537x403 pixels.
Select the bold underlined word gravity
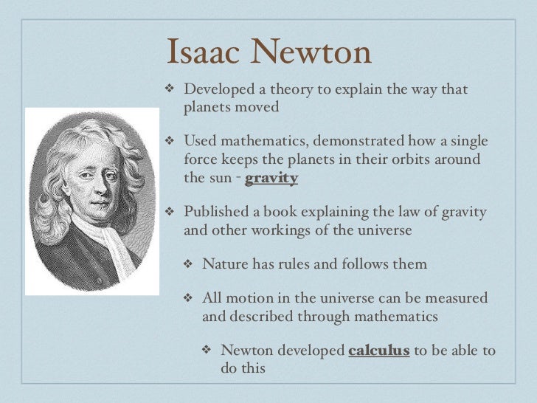pyautogui.click(x=271, y=178)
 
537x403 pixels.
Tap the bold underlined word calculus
pyautogui.click(x=378, y=350)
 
